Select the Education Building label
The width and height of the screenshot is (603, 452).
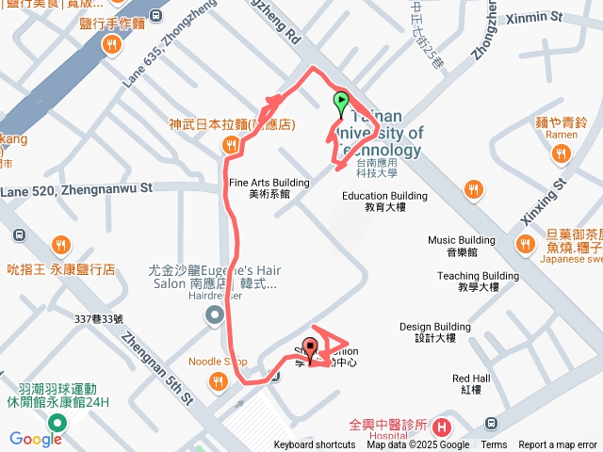point(384,201)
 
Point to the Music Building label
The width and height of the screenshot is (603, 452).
point(461,245)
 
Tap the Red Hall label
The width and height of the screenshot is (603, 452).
point(471,383)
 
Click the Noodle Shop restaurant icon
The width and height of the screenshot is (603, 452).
point(219,381)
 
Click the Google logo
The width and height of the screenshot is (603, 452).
point(36,439)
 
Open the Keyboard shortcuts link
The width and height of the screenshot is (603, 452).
point(315,445)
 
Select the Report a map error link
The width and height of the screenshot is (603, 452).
point(558,445)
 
